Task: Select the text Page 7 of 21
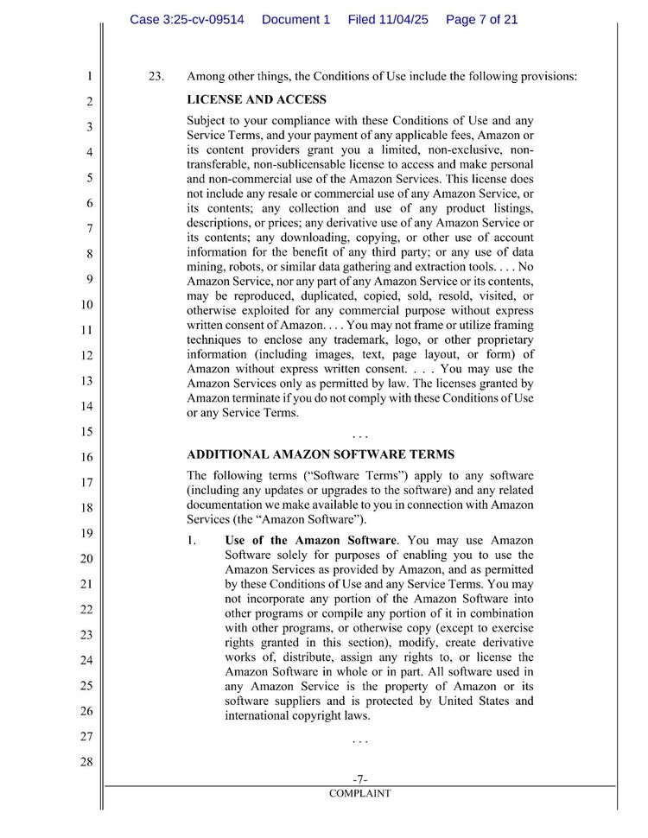pyautogui.click(x=481, y=19)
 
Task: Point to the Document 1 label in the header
pyautogui.click(x=295, y=19)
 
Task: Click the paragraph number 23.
pyautogui.click(x=156, y=76)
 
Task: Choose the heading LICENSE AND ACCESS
pyautogui.click(x=257, y=100)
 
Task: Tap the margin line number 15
pyautogui.click(x=86, y=431)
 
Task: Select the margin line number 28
pyautogui.click(x=86, y=762)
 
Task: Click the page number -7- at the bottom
pyautogui.click(x=360, y=779)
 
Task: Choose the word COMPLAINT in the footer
pyautogui.click(x=360, y=793)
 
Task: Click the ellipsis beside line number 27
pyautogui.click(x=360, y=740)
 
